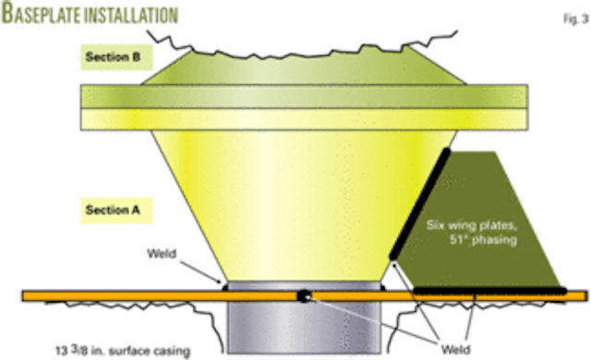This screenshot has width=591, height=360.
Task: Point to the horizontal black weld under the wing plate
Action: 489,290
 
